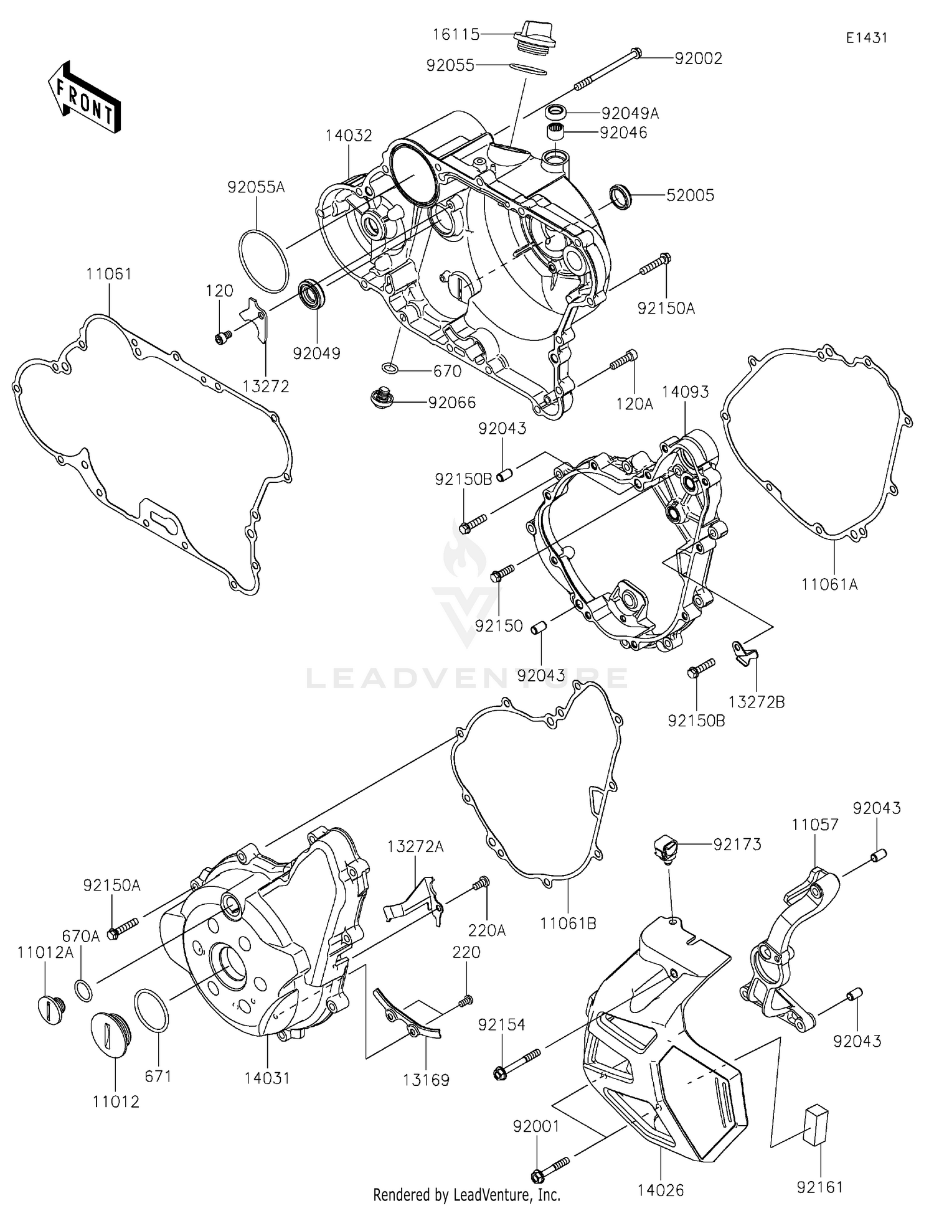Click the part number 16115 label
click(x=456, y=34)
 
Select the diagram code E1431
click(x=866, y=38)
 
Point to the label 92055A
click(x=256, y=187)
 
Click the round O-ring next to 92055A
click(x=263, y=261)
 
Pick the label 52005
click(x=690, y=195)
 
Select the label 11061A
click(x=829, y=584)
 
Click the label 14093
click(x=685, y=392)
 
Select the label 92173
click(x=737, y=844)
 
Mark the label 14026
click(x=660, y=1190)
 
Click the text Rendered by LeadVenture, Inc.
click(x=466, y=1195)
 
